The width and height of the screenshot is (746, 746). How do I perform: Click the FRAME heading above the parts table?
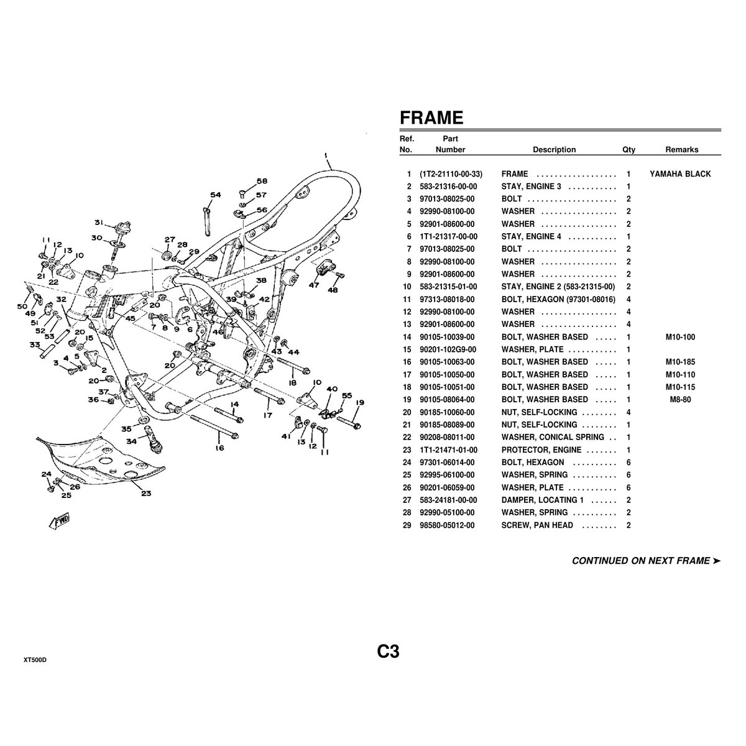click(x=431, y=117)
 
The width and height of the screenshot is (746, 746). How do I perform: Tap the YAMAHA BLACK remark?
click(x=680, y=174)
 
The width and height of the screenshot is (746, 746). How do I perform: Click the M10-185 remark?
click(x=680, y=362)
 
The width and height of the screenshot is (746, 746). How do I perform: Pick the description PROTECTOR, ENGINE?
click(x=541, y=449)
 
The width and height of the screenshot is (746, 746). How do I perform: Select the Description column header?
click(x=554, y=149)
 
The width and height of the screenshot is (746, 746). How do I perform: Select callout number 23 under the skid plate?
click(x=145, y=494)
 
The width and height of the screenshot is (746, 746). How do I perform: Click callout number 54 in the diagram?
click(x=215, y=195)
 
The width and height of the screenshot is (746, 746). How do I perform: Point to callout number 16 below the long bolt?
click(x=219, y=448)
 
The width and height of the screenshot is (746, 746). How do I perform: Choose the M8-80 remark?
click(x=680, y=400)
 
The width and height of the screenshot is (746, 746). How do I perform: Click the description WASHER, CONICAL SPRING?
click(x=553, y=437)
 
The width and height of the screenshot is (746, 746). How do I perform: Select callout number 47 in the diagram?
click(x=313, y=285)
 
